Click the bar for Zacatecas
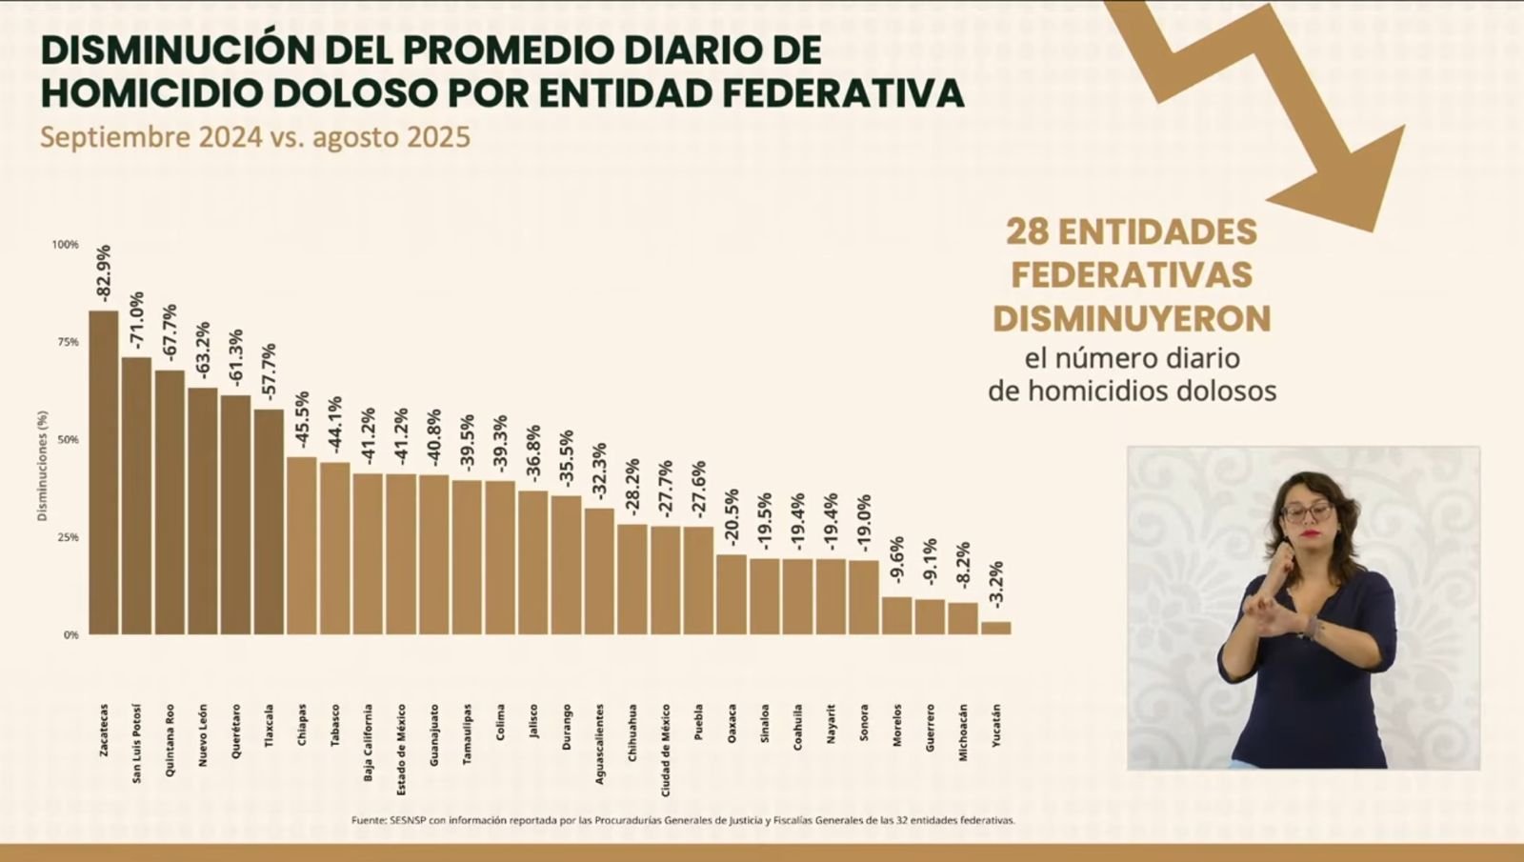(x=104, y=472)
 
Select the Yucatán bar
(x=996, y=628)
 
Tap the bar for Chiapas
(x=302, y=546)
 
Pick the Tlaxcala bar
(x=269, y=522)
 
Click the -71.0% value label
(x=137, y=323)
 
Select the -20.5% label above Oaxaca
(x=732, y=517)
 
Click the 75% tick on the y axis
(x=66, y=342)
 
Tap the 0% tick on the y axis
(x=70, y=635)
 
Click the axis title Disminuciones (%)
(x=42, y=466)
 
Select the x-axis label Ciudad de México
(x=666, y=751)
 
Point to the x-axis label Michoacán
(x=963, y=732)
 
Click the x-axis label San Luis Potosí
(x=137, y=744)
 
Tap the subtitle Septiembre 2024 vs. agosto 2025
(x=255, y=137)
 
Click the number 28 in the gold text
(x=1026, y=231)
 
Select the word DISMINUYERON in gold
(x=1132, y=319)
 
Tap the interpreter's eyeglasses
(x=1307, y=511)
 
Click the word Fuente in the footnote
(x=369, y=820)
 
